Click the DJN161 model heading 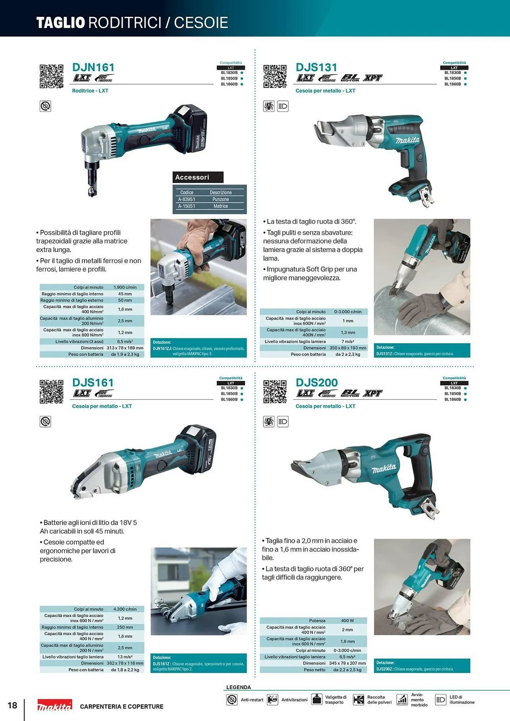[93, 67]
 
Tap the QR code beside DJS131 [275, 76]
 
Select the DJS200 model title [317, 382]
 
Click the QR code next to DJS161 [51, 392]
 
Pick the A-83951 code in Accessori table [186, 199]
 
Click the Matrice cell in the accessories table [220, 206]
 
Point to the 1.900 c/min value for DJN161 [125, 287]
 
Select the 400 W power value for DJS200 [347, 620]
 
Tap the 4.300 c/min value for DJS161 [125, 609]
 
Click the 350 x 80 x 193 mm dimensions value [348, 348]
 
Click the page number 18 [12, 705]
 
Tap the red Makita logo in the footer [55, 705]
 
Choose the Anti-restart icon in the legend [232, 700]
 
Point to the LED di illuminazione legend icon [440, 700]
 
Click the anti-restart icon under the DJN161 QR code [45, 106]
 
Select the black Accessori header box [198, 177]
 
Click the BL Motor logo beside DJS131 [350, 78]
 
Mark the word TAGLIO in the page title [60, 23]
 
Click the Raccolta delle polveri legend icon [358, 700]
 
